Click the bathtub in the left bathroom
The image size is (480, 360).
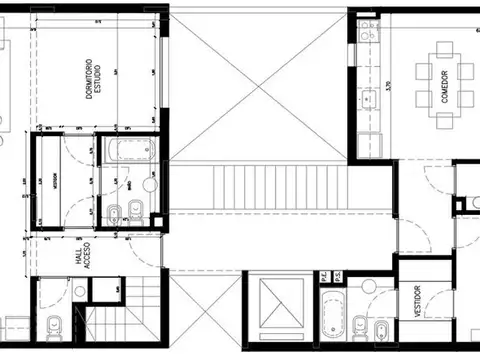pos(127,154)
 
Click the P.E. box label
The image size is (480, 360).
pos(323,276)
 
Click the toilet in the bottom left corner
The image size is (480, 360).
pos(53,325)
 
